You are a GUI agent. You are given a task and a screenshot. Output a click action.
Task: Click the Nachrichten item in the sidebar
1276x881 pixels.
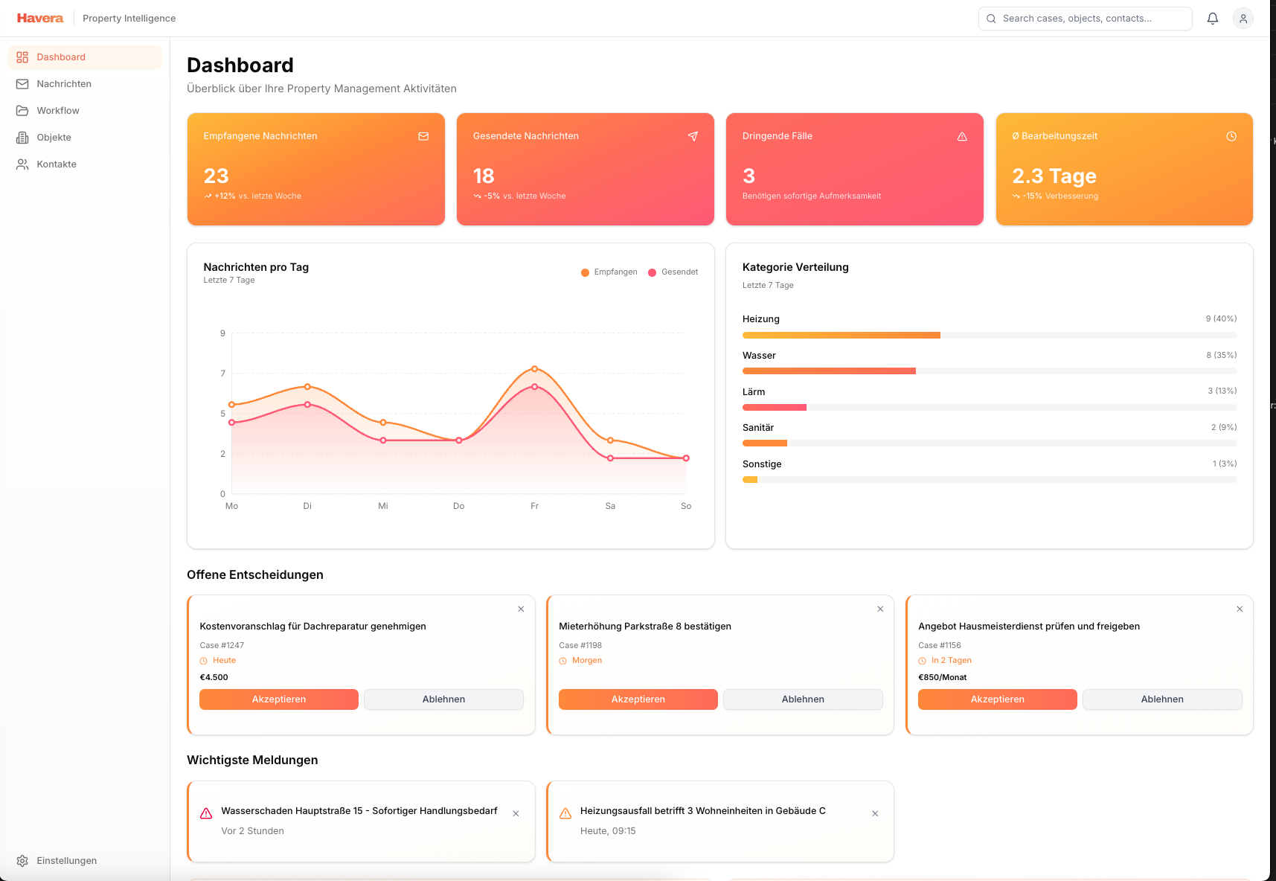point(64,84)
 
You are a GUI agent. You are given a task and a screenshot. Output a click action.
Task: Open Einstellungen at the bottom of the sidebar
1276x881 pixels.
point(66,861)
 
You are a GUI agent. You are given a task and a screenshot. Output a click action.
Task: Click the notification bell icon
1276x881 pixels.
point(1213,19)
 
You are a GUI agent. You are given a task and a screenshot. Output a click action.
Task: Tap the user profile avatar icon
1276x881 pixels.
point(1243,19)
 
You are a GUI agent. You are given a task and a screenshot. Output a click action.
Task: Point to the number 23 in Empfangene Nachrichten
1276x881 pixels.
point(217,176)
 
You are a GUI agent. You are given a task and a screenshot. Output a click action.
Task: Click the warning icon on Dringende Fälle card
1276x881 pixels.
point(962,136)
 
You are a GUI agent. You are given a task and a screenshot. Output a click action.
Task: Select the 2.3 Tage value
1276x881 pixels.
point(1054,176)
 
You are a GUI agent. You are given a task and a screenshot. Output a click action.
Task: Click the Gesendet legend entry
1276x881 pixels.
point(673,272)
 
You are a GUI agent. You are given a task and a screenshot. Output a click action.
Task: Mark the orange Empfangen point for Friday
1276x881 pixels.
point(534,369)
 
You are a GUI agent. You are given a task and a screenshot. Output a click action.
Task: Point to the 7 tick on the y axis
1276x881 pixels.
point(222,374)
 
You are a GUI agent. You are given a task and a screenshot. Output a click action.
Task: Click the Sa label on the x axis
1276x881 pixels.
point(610,506)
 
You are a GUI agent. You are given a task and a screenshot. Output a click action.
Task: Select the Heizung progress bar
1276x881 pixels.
point(989,336)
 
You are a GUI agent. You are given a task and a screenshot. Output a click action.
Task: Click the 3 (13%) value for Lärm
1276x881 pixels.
point(1222,391)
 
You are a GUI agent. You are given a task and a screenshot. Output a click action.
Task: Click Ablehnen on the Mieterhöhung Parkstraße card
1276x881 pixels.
point(803,699)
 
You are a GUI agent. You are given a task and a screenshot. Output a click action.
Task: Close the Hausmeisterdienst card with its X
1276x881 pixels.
point(1240,609)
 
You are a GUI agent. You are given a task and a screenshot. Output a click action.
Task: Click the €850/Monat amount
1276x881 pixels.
point(943,677)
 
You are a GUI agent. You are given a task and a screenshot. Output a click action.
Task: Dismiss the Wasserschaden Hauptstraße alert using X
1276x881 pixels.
point(516,814)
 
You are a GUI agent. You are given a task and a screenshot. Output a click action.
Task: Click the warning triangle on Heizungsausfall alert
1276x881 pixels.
point(565,814)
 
